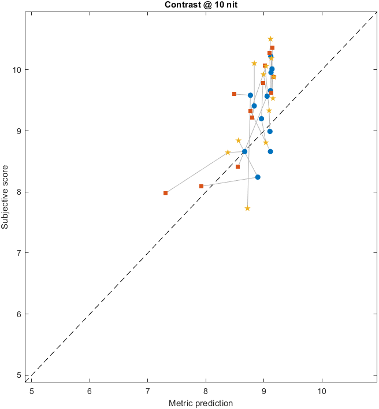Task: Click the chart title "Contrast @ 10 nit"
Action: click(202, 5)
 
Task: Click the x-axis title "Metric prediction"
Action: click(200, 403)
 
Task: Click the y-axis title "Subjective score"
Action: click(5, 194)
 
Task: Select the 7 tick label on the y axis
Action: click(19, 253)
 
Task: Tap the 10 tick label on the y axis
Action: click(17, 70)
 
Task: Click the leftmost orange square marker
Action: click(165, 193)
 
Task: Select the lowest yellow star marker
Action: click(247, 209)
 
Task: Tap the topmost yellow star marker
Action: click(270, 39)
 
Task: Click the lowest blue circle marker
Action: click(258, 177)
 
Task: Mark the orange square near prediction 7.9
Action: click(201, 186)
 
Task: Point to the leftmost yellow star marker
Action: click(228, 153)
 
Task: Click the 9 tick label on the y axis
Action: click(19, 131)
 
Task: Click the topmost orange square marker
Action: click(272, 47)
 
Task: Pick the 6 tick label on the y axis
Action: click(19, 314)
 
